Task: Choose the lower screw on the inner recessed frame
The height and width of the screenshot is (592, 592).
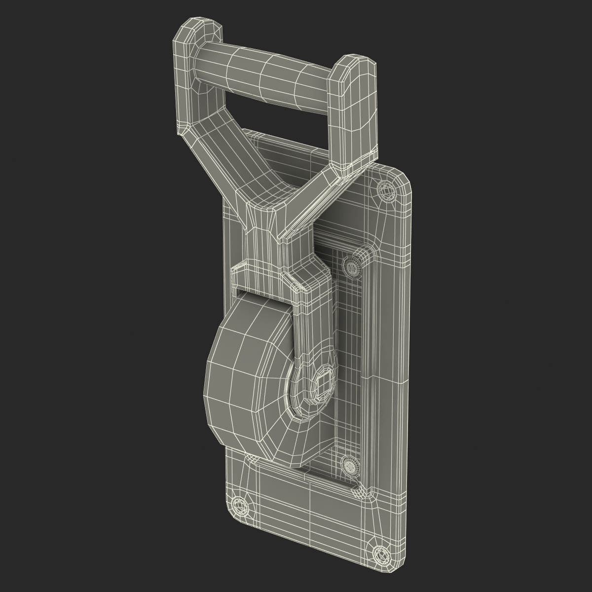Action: (349, 465)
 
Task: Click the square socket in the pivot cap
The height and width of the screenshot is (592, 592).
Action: (323, 382)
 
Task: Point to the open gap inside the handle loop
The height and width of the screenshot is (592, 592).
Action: (276, 118)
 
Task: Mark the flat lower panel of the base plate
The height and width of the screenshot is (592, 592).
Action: (296, 508)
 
